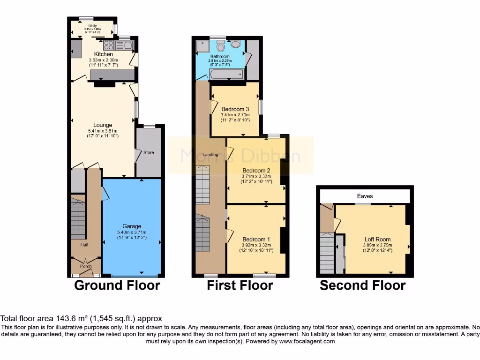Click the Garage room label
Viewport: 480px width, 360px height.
coord(132,226)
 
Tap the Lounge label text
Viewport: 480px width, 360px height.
coord(103,125)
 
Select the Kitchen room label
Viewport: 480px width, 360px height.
coord(104,54)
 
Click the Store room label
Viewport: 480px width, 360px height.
coord(149,152)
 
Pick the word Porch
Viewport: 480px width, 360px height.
coord(86,266)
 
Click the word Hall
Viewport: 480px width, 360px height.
coord(78,245)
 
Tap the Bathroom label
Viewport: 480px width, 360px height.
coord(219,56)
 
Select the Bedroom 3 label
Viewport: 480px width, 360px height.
coord(235,109)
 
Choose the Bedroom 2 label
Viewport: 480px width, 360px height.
coord(256,170)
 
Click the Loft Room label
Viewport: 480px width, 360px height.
coord(377,240)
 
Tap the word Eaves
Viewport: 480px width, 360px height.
coord(364,196)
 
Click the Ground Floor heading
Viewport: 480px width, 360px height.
coord(117,285)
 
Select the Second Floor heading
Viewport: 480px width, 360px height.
coord(362,285)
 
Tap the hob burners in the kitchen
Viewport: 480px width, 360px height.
coord(109,45)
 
